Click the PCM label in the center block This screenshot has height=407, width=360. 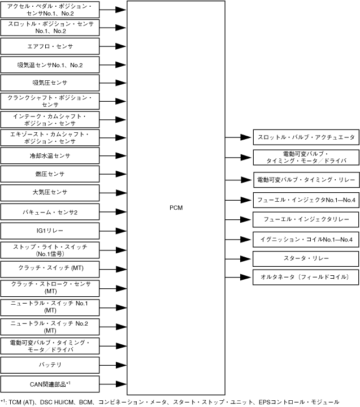(176, 207)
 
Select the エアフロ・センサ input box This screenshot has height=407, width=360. (50, 46)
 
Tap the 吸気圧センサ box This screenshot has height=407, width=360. (50, 83)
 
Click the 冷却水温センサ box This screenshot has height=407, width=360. (50, 155)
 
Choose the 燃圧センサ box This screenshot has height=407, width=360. (50, 174)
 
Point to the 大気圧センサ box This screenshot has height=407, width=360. (50, 193)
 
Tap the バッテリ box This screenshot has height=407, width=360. (50, 365)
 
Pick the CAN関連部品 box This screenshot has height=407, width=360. (50, 384)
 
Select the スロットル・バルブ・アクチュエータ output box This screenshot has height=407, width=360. (306, 137)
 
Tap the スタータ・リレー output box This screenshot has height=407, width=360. (306, 258)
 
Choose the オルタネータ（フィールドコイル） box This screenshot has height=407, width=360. (306, 278)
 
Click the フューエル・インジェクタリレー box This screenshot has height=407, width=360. (306, 219)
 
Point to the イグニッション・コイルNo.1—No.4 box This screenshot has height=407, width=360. (306, 239)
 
